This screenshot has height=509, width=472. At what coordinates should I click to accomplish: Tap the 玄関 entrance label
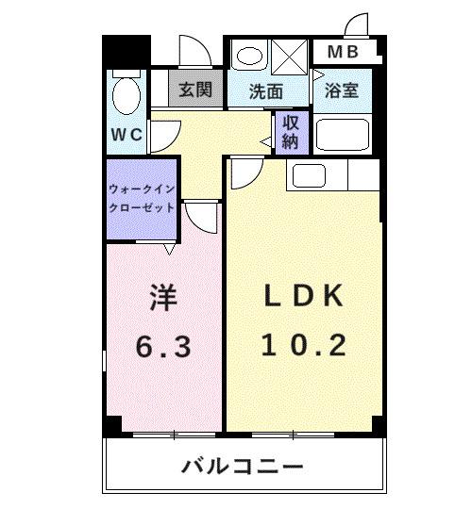click(x=194, y=90)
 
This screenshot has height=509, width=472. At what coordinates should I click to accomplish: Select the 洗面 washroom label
click(x=266, y=91)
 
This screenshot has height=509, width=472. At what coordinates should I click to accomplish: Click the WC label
click(x=125, y=134)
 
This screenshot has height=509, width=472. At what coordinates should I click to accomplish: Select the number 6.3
click(x=162, y=346)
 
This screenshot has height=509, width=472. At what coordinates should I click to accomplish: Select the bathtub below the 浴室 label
click(x=344, y=134)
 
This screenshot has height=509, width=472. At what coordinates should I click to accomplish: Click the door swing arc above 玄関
click(x=193, y=50)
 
